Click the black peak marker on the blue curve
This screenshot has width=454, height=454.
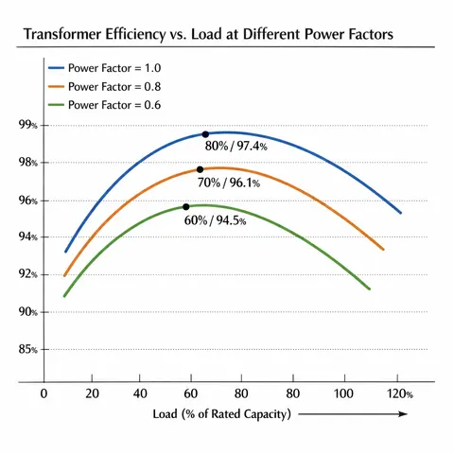(x=205, y=134)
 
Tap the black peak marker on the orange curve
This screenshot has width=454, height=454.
(x=200, y=169)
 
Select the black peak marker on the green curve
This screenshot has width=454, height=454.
(x=186, y=206)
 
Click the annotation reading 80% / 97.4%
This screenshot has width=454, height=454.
(x=236, y=147)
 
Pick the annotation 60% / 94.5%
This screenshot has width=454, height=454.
(x=216, y=220)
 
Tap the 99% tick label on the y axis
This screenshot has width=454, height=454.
(x=27, y=125)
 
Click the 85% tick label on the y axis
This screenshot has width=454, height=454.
(x=27, y=349)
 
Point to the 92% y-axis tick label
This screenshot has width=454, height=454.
(x=27, y=274)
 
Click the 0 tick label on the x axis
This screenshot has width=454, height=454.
(x=44, y=393)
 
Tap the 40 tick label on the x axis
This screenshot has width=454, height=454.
(x=140, y=393)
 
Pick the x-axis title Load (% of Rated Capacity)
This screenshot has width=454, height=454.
(x=222, y=414)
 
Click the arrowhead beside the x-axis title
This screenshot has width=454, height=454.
(x=403, y=414)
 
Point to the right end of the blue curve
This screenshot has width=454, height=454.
(x=401, y=213)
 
